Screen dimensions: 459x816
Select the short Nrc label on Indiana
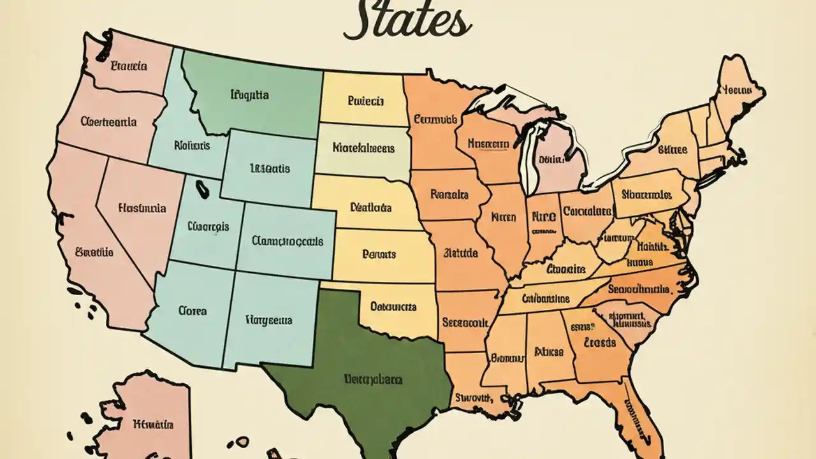tap(543, 216)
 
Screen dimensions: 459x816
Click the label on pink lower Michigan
tap(553, 159)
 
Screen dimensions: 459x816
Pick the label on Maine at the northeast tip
tap(735, 91)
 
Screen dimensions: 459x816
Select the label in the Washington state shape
tap(128, 66)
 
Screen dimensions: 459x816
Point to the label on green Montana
tap(249, 96)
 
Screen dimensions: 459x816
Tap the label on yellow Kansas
tap(379, 254)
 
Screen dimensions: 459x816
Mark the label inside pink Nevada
tap(142, 208)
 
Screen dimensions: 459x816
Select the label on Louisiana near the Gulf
tap(473, 397)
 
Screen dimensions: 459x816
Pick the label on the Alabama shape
tap(548, 351)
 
